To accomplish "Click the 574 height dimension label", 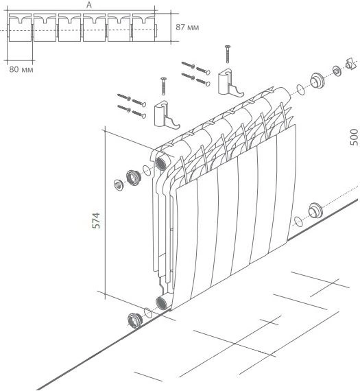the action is tap(96, 220).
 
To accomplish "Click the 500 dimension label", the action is tap(354, 137).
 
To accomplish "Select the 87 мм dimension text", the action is tap(187, 27).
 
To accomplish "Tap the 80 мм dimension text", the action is tap(21, 69).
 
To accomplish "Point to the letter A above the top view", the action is tap(89, 5).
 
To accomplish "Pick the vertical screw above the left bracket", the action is tap(164, 86).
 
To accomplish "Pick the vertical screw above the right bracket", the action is tap(228, 54).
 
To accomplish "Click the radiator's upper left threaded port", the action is tap(161, 163).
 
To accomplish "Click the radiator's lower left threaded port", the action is tap(162, 303).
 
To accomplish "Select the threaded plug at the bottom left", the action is tap(134, 320).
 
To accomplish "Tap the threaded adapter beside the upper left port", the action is tap(134, 177).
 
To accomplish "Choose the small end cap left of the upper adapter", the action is tap(119, 185).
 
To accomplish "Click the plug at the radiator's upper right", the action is tap(317, 80).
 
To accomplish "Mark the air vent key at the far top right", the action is tap(351, 64).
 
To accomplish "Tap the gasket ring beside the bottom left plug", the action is tap(148, 313).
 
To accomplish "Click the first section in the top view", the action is tap(20, 27).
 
